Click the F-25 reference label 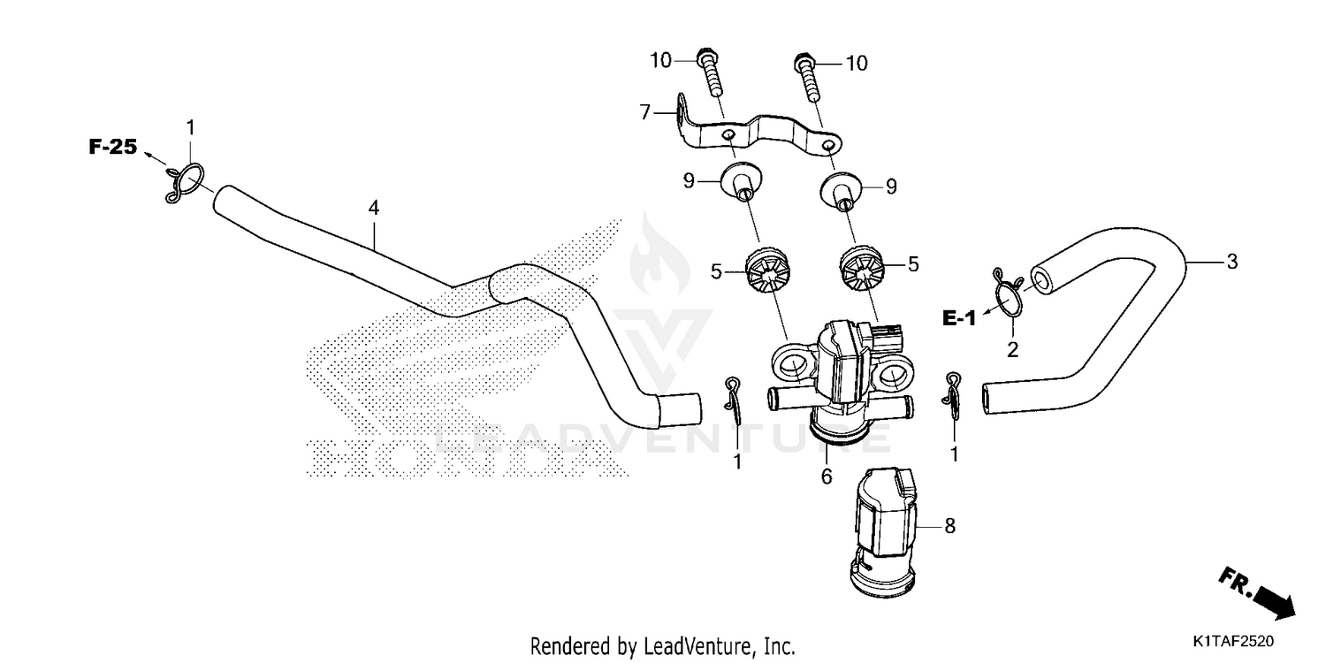click(113, 147)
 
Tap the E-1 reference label click(958, 319)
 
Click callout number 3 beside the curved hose click(1231, 261)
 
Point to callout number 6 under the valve click(827, 476)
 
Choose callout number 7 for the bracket click(645, 112)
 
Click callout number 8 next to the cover click(949, 526)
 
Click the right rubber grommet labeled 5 click(862, 269)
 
